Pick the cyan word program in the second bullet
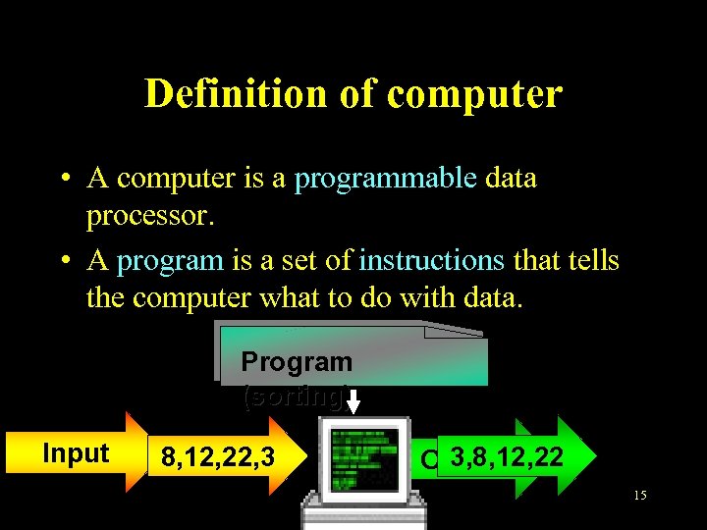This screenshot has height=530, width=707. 170,261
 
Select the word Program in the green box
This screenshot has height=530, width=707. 297,361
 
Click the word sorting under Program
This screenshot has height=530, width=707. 293,397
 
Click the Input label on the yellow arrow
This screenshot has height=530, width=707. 76,453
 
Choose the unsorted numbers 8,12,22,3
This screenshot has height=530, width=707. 217,457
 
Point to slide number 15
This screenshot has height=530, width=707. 639,496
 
